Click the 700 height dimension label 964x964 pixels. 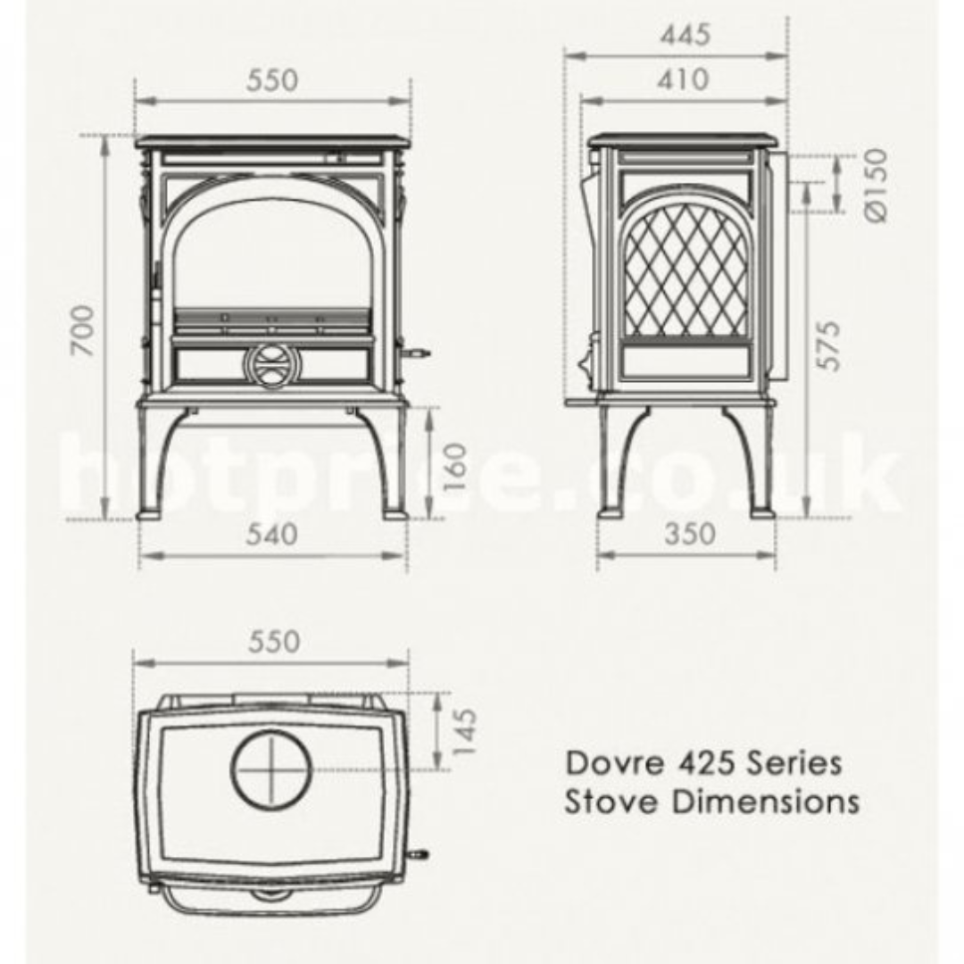click(83, 330)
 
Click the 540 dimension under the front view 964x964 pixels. click(271, 534)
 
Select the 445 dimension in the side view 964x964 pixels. click(686, 35)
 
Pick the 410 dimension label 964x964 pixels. click(683, 79)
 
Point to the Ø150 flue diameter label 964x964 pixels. click(876, 185)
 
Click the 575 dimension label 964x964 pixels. click(828, 345)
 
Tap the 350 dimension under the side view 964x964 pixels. click(689, 534)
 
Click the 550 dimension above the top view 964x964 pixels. click(272, 642)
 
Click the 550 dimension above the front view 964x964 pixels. click(271, 80)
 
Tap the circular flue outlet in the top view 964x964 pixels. click(272, 769)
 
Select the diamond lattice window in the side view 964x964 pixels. click(686, 271)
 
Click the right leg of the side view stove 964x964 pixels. click(754, 464)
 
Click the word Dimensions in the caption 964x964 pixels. click(765, 801)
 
